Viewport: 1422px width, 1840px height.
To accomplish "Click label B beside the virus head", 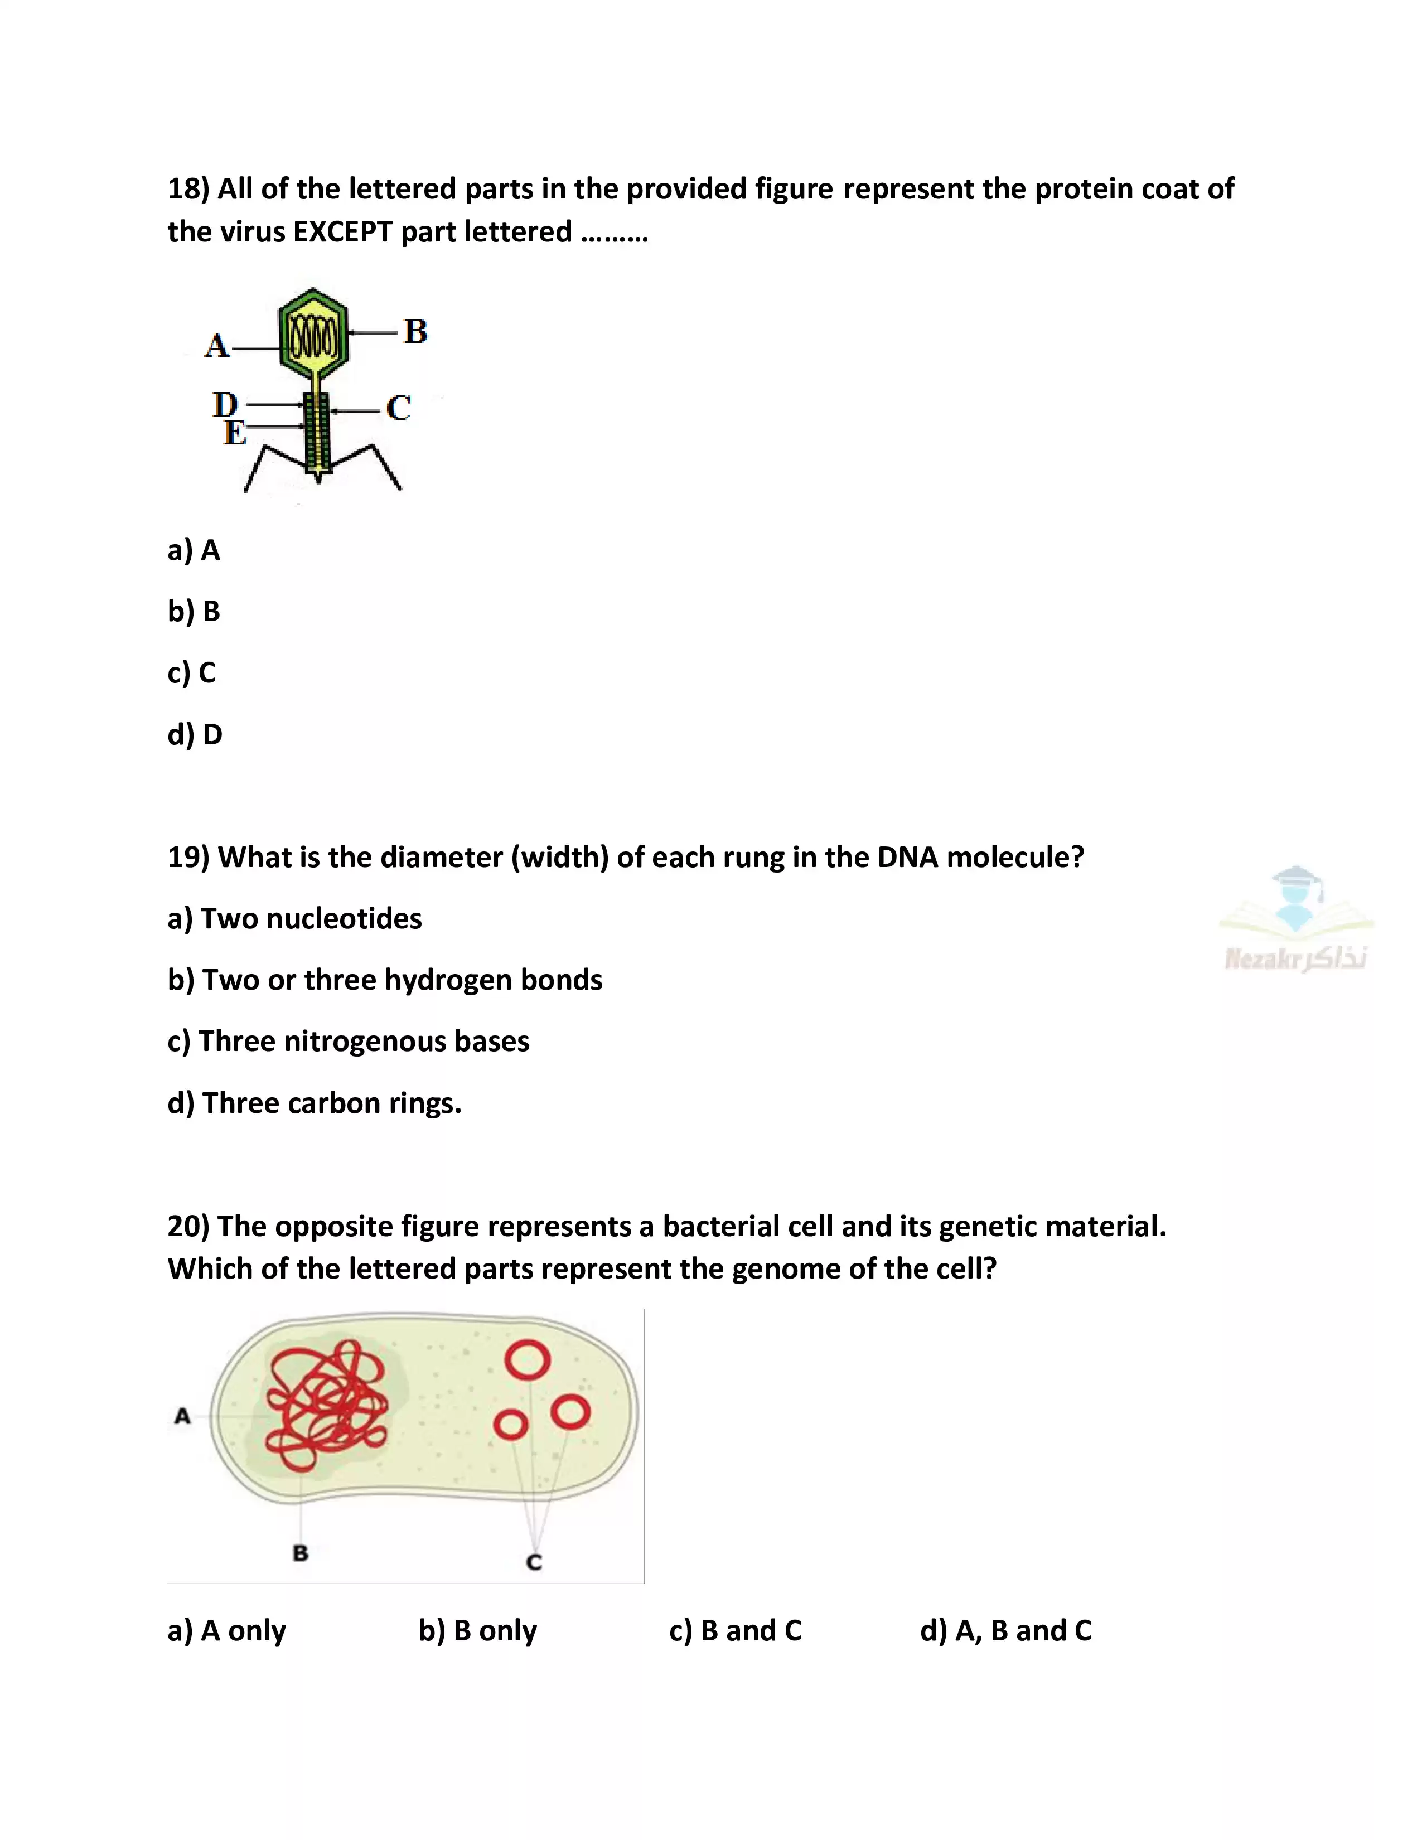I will click(x=415, y=331).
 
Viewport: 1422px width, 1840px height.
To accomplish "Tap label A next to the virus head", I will click(x=216, y=346).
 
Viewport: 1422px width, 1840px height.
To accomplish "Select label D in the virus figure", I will click(x=225, y=404).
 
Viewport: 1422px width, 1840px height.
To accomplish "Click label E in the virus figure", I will click(x=234, y=433).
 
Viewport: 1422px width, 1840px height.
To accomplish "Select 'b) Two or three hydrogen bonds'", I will click(x=384, y=980).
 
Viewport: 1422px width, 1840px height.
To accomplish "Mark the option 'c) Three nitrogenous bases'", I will click(x=348, y=1042).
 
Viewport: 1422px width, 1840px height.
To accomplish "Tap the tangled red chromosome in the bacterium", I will click(x=326, y=1405).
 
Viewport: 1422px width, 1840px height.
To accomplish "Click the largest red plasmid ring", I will click(x=528, y=1360).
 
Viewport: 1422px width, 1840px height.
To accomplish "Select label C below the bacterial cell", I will click(x=534, y=1561).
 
